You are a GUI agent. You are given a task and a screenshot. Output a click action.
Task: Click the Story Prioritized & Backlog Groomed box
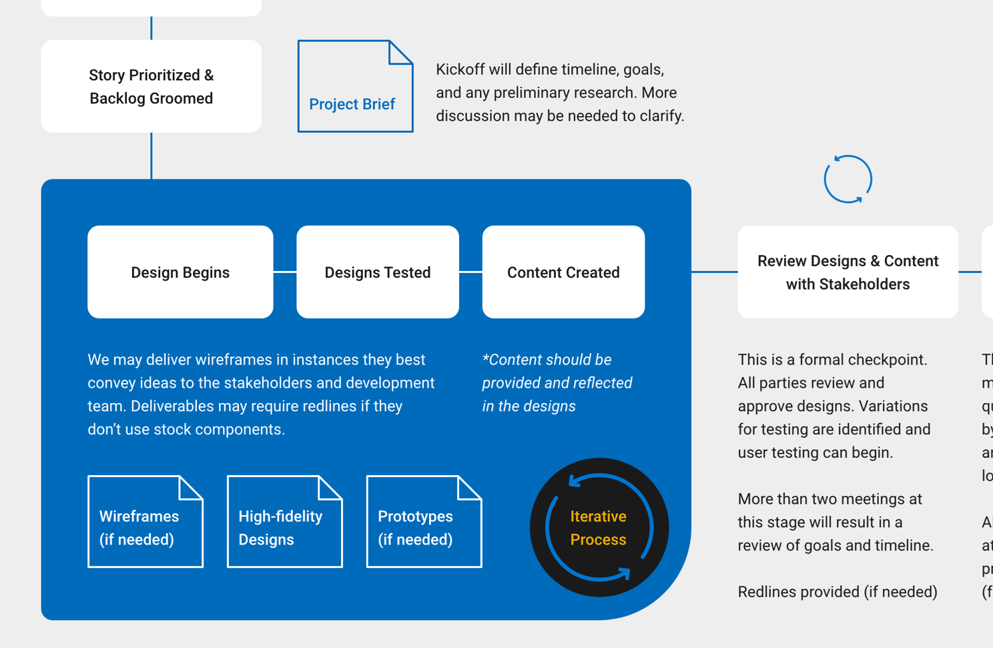pos(151,86)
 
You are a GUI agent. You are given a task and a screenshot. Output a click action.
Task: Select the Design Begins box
pos(180,272)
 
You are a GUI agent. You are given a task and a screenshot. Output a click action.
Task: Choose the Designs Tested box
pos(378,272)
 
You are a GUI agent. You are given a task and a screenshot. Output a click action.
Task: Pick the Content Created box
pos(563,272)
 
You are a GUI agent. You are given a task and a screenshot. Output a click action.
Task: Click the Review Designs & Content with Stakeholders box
pos(848,272)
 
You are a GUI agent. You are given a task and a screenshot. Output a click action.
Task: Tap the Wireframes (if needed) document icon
pos(145,523)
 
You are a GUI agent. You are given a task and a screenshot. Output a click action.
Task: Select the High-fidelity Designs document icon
pos(284,523)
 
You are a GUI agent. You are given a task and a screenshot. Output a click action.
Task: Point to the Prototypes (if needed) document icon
pos(424,523)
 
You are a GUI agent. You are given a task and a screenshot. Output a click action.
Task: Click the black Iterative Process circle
pos(599,527)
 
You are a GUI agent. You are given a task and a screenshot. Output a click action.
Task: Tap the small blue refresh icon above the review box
pos(848,179)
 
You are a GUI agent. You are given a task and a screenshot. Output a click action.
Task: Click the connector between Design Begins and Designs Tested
pos(285,272)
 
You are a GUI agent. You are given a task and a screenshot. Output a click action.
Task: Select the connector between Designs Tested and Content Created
pos(470,272)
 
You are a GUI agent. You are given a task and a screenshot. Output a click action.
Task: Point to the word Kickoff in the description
pos(460,69)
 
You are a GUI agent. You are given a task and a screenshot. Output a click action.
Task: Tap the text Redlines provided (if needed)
pos(837,592)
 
